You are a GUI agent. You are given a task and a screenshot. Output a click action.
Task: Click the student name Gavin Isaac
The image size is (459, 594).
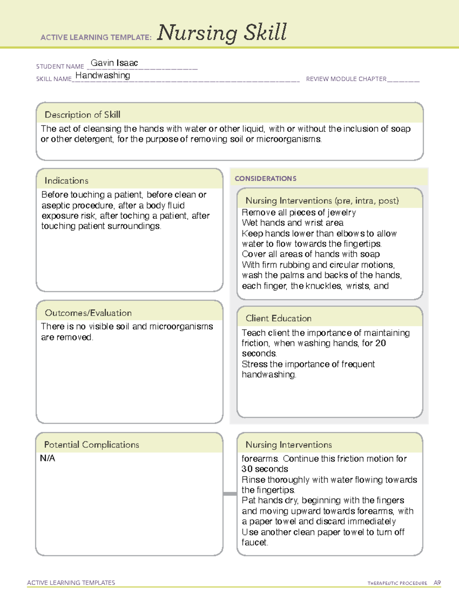click(x=114, y=63)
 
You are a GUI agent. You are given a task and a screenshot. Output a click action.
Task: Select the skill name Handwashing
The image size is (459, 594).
click(x=103, y=75)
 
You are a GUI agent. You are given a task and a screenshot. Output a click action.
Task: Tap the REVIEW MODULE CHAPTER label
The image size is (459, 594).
click(x=346, y=79)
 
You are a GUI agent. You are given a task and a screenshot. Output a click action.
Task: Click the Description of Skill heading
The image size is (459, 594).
click(x=82, y=115)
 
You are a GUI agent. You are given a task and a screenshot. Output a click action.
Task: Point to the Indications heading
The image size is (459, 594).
click(x=66, y=181)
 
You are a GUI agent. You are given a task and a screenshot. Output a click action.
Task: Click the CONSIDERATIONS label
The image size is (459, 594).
click(x=265, y=179)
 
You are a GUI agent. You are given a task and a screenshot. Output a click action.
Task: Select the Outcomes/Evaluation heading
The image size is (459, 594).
click(x=88, y=313)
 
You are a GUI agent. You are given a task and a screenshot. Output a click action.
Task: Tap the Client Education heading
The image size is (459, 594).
click(x=278, y=318)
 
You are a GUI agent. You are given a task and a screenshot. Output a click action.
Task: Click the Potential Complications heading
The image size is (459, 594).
click(x=91, y=444)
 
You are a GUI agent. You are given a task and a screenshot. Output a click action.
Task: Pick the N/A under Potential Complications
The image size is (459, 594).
click(x=47, y=458)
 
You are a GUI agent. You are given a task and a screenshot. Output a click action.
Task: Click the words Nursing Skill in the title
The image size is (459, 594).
click(x=222, y=33)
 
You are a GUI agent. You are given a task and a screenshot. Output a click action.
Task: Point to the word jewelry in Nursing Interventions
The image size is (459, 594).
click(x=342, y=213)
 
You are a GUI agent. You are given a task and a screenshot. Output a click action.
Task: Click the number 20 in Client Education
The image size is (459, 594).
click(x=380, y=343)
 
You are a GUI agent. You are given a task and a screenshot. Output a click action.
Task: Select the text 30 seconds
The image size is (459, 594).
click(x=265, y=469)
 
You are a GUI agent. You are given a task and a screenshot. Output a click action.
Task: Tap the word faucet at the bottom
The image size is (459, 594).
click(x=254, y=542)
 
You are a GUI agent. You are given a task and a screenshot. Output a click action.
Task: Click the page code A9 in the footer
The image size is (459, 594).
click(x=437, y=583)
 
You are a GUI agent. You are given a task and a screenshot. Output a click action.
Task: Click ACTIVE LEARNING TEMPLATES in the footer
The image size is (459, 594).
click(x=71, y=583)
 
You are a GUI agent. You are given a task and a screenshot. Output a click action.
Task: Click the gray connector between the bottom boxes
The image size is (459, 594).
click(x=229, y=494)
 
